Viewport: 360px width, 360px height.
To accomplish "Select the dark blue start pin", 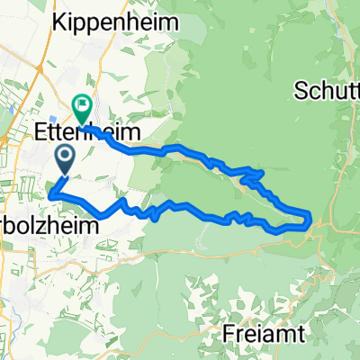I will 66,160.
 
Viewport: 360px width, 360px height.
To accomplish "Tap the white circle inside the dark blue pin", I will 66,157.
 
